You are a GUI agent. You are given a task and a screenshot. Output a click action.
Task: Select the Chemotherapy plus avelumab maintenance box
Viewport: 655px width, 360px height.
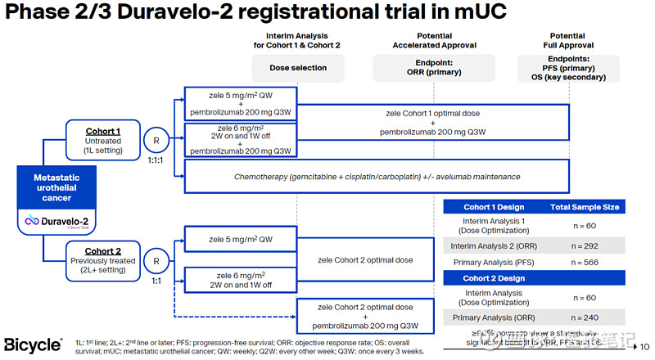(377, 176)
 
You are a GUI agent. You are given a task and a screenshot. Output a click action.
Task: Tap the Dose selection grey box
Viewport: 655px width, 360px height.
(297, 68)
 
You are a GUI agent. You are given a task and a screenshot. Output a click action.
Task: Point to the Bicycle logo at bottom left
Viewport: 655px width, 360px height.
(33, 344)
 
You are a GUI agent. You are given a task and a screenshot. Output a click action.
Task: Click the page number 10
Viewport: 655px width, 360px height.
(644, 346)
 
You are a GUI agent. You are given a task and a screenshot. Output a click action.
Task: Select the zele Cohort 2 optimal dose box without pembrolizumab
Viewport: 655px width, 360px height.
(365, 259)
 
